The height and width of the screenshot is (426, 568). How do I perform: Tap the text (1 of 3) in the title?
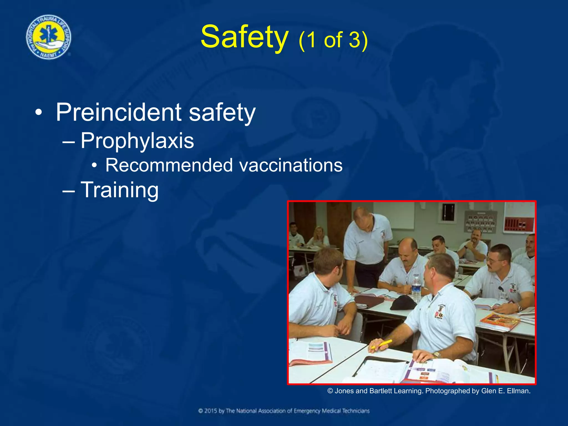[x=333, y=40]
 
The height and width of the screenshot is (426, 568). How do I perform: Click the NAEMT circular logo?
[x=49, y=37]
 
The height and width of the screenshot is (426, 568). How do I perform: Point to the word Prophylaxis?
[x=137, y=141]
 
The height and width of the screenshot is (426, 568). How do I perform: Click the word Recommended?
[x=169, y=166]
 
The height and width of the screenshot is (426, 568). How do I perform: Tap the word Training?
[x=120, y=190]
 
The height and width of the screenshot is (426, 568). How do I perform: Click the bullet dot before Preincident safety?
[x=39, y=113]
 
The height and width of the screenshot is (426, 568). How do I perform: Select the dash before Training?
[x=69, y=191]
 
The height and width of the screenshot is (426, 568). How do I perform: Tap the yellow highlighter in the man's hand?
[x=383, y=344]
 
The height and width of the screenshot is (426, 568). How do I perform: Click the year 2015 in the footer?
[x=211, y=411]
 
